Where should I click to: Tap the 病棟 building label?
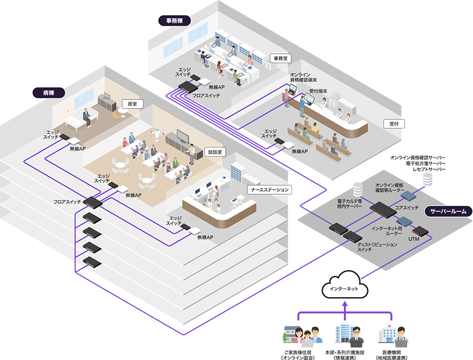pyautogui.click(x=49, y=92)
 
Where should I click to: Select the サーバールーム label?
pyautogui.click(x=448, y=211)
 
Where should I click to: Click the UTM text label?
pyautogui.click(x=414, y=238)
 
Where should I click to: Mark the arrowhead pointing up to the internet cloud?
pyautogui.click(x=345, y=305)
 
